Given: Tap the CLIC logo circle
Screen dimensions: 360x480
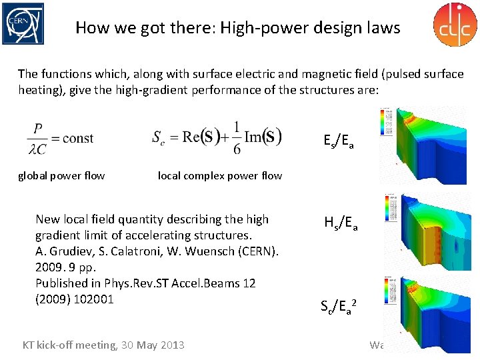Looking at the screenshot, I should tap(455, 25).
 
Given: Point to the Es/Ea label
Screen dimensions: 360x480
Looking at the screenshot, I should tap(338, 141).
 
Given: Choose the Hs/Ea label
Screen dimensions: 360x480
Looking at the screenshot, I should tap(341, 224).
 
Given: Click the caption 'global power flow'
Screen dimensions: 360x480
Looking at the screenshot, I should tap(61, 176).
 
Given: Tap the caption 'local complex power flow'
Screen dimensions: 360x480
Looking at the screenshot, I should tap(219, 176).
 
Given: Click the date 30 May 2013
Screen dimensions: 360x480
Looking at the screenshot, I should tap(153, 345).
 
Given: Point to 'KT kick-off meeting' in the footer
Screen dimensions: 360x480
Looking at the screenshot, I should tap(69, 345).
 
